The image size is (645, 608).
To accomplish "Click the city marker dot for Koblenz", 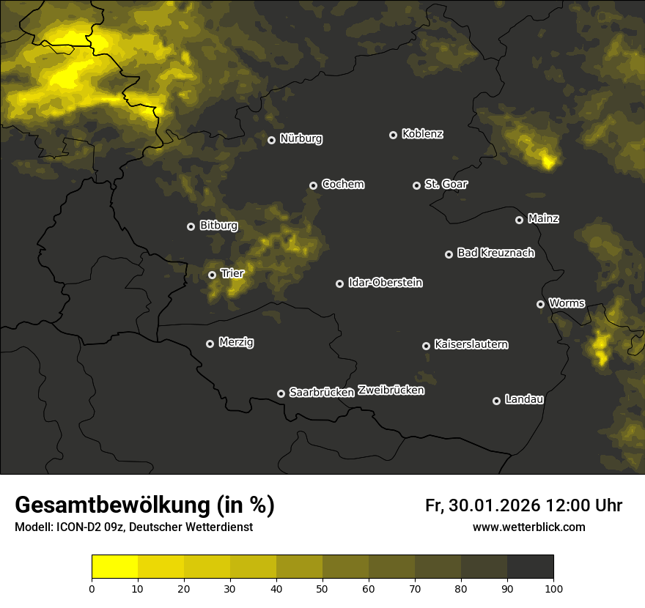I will [x=393, y=135].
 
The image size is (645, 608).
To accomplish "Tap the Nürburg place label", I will [x=301, y=138].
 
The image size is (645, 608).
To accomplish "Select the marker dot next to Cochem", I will [x=313, y=185].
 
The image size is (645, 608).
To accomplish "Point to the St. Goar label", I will [x=446, y=185].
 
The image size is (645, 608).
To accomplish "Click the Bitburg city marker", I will [x=191, y=226].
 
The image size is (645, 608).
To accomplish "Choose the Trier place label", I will [x=232, y=273].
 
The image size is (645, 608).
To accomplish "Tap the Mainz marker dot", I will [x=519, y=220].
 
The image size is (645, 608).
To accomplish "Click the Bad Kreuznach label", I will [x=495, y=253].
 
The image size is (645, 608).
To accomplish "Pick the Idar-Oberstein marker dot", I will [x=339, y=283].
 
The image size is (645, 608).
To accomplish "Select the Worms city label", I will [x=567, y=303].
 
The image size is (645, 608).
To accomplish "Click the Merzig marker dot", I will [x=210, y=344].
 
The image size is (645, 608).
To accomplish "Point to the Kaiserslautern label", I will [x=471, y=344].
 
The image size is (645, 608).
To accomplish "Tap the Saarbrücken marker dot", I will [x=281, y=393].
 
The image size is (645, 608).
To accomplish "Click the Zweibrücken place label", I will [x=391, y=390].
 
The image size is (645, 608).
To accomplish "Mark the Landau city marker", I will [x=496, y=401].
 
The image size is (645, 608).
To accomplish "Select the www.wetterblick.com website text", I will [x=528, y=527].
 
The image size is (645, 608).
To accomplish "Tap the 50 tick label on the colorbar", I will [x=322, y=587].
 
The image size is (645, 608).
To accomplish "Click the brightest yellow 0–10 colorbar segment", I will [x=114, y=566].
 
